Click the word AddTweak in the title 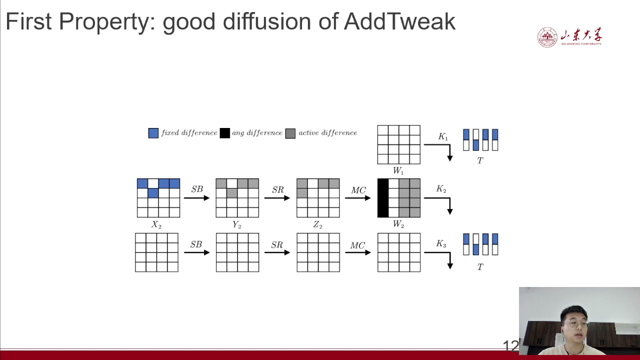[399, 21]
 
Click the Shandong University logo [569, 37]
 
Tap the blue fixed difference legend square [153, 133]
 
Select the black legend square [224, 133]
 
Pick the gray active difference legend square [290, 133]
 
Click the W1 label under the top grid [398, 170]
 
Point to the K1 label [442, 137]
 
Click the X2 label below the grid [156, 225]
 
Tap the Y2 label [236, 225]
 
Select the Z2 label [317, 225]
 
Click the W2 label [398, 224]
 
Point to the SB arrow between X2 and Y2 [196, 198]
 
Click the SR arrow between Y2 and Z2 [277, 198]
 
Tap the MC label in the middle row [358, 190]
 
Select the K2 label [441, 189]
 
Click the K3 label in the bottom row [440, 244]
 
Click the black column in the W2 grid [383, 198]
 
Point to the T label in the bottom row [480, 267]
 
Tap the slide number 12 [510, 345]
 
